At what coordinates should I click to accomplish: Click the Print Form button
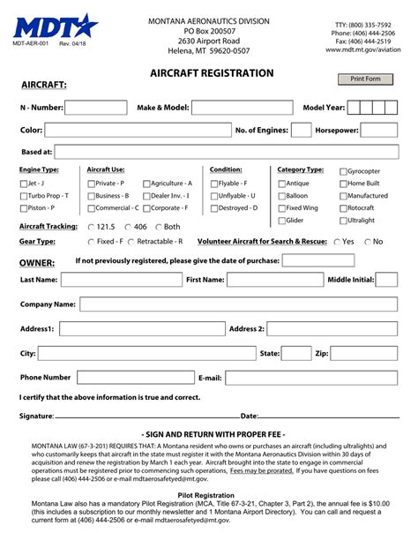[365, 79]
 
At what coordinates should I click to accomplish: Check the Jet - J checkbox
[24, 184]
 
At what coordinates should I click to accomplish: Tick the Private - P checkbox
[91, 184]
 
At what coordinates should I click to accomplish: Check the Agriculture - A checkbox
[146, 184]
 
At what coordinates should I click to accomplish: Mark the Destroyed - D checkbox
[213, 208]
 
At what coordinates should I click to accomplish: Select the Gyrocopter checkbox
[342, 171]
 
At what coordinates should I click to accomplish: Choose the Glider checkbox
[281, 221]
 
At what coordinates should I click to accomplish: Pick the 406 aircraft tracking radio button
[129, 227]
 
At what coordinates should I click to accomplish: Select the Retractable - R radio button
[131, 241]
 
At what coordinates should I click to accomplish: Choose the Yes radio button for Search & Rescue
[335, 241]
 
